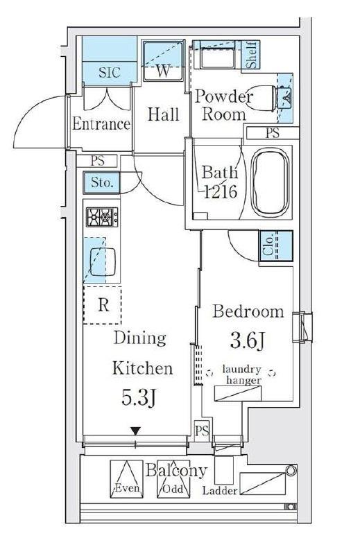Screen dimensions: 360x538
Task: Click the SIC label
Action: pyautogui.click(x=110, y=73)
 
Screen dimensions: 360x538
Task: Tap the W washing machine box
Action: pyautogui.click(x=163, y=61)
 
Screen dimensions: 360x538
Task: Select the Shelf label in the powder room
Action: pyautogui.click(x=252, y=55)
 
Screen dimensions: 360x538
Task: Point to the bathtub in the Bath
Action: pyautogui.click(x=270, y=183)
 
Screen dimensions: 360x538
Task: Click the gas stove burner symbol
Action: pyautogui.click(x=102, y=217)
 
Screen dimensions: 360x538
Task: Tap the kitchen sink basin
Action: pyautogui.click(x=103, y=261)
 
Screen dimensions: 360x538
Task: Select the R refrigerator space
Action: pyautogui.click(x=102, y=305)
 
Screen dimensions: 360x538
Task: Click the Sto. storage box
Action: pyautogui.click(x=101, y=182)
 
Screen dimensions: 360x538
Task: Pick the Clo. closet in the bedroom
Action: pyautogui.click(x=276, y=246)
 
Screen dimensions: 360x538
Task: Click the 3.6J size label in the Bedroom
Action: pyautogui.click(x=248, y=340)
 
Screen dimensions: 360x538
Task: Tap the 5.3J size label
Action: pyautogui.click(x=139, y=397)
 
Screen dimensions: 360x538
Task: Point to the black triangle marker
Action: pyautogui.click(x=136, y=431)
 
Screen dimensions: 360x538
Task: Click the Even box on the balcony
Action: pyautogui.click(x=126, y=479)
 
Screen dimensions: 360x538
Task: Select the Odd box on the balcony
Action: pyautogui.click(x=173, y=479)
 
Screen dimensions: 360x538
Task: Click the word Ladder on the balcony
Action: pyautogui.click(x=220, y=490)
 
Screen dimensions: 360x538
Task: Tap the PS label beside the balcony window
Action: pyautogui.click(x=202, y=431)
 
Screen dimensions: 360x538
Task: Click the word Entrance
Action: pyautogui.click(x=101, y=124)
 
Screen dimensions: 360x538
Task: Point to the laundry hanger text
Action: pyautogui.click(x=243, y=374)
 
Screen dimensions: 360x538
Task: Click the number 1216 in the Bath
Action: pyautogui.click(x=221, y=191)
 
